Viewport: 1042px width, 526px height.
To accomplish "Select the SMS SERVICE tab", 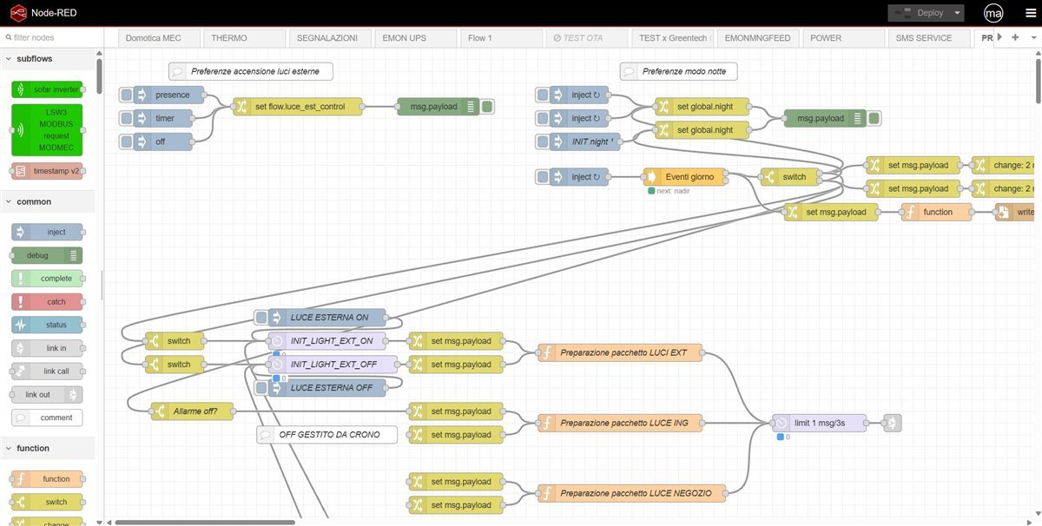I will pos(924,38).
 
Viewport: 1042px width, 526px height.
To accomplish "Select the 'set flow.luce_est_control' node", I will pos(298,107).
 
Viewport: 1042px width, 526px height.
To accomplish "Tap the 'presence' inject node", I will pos(170,95).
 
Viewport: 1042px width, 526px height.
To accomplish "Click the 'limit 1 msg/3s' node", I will pos(819,423).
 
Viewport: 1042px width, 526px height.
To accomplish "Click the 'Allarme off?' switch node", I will pos(192,411).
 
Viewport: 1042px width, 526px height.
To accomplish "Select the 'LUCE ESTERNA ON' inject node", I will pos(327,318).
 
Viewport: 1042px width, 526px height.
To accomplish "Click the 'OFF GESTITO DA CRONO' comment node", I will pos(327,434).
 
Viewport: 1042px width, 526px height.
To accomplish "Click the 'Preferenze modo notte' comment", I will pos(679,71).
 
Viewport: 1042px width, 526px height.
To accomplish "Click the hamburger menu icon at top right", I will pos(1031,13).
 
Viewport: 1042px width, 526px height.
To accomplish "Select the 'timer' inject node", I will pos(163,118).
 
